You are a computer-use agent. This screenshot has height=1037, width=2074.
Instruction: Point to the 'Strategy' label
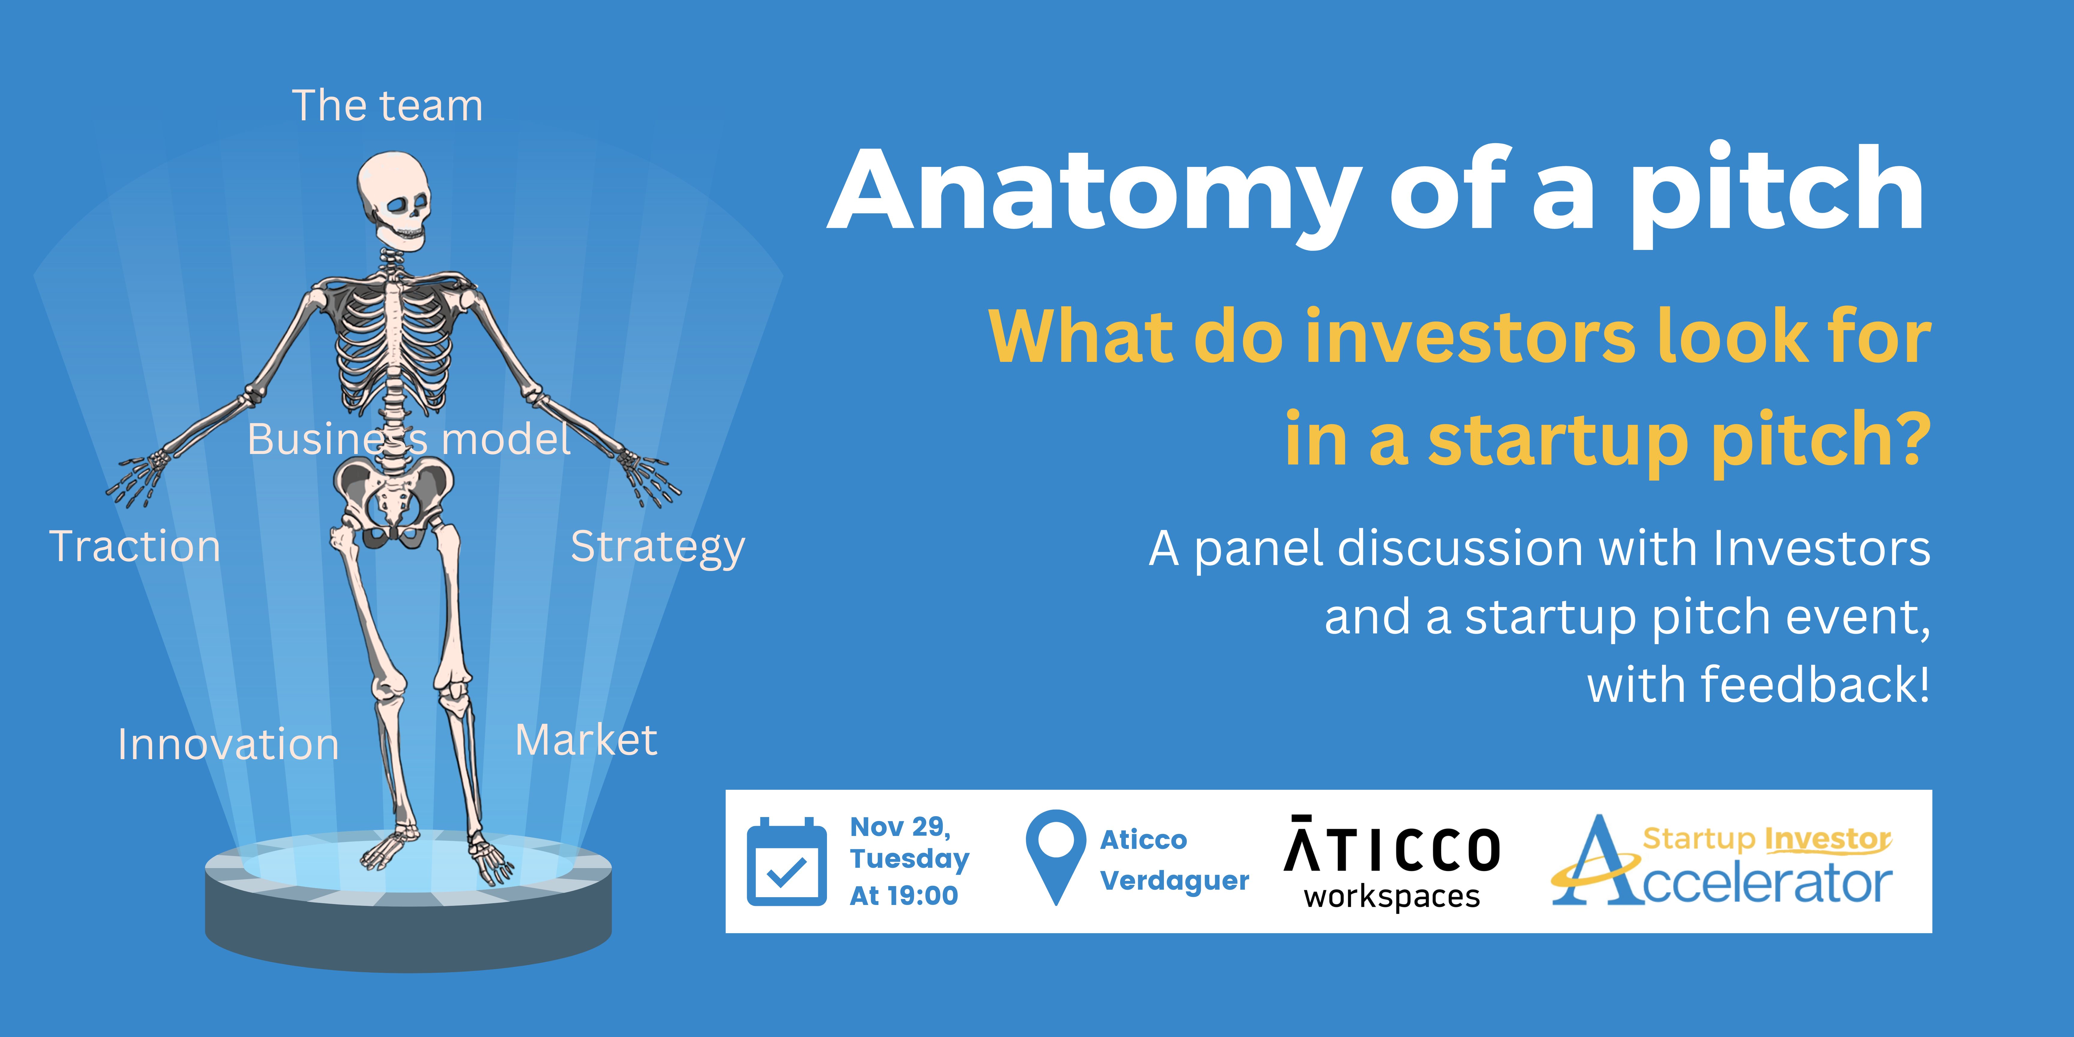[x=658, y=548]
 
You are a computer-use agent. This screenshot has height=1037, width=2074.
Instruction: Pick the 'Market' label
[x=586, y=740]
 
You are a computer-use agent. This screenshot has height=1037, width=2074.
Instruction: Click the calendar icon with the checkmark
[x=787, y=861]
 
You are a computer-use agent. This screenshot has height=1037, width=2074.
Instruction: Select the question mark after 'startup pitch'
[x=1908, y=438]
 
